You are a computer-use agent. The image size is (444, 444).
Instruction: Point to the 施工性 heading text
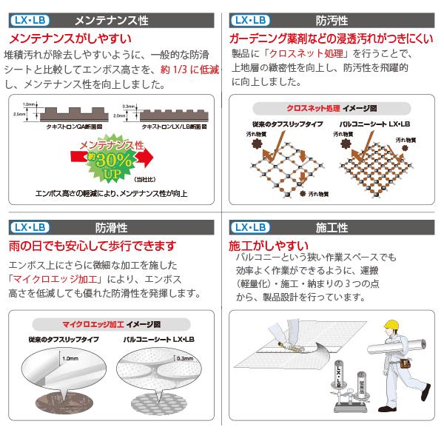(x=333, y=228)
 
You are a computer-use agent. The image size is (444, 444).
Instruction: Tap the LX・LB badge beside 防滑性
(x=29, y=228)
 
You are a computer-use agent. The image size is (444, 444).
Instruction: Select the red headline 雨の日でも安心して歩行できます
(x=92, y=246)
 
